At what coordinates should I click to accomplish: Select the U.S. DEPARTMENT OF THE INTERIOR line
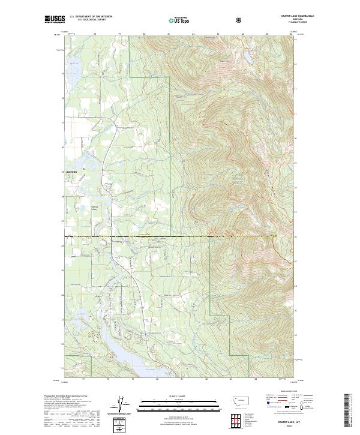pos(91,17)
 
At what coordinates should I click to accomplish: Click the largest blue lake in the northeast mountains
pos(247,58)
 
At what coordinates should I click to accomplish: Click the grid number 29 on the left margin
pos(62,172)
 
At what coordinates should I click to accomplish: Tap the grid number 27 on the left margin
pos(62,220)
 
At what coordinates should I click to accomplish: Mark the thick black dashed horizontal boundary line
pos(168,236)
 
